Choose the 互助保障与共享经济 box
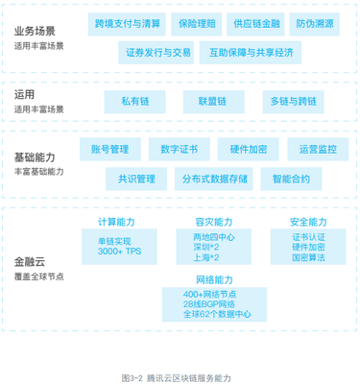tap(246, 53)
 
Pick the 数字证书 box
tap(180, 149)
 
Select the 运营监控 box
tap(319, 149)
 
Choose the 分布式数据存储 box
tap(212, 179)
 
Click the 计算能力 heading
tap(117, 221)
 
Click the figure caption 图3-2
tap(133, 377)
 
